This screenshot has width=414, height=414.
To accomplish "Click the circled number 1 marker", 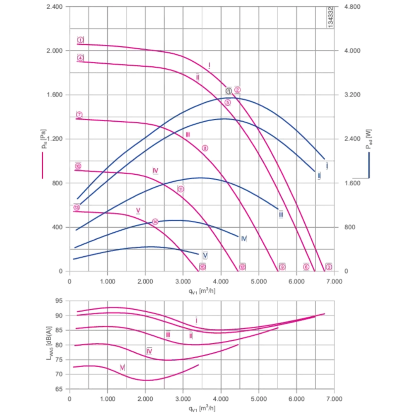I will coord(80,40).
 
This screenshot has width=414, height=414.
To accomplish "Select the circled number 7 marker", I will coord(79,115).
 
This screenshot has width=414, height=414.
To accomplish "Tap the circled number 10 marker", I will coord(78,166).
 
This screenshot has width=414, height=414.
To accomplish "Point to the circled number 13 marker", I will coord(77,207).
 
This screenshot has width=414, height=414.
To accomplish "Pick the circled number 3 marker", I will coord(329,267).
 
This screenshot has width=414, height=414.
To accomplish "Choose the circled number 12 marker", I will coord(243,267).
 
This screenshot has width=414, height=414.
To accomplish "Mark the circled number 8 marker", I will coord(205,148).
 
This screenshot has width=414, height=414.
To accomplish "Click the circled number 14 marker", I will coord(155,221).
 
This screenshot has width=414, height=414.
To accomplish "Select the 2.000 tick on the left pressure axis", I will coord(54,51).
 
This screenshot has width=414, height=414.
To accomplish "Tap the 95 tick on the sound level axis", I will coord(60,301).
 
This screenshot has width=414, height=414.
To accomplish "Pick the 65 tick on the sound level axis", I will coord(60,389).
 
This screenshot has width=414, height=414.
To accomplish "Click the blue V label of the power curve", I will coord(205,255).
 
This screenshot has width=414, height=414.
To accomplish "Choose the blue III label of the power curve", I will coord(281,214).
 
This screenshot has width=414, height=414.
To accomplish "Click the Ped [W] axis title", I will coord(368,139).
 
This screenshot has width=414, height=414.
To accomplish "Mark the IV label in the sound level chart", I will coord(149,351).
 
